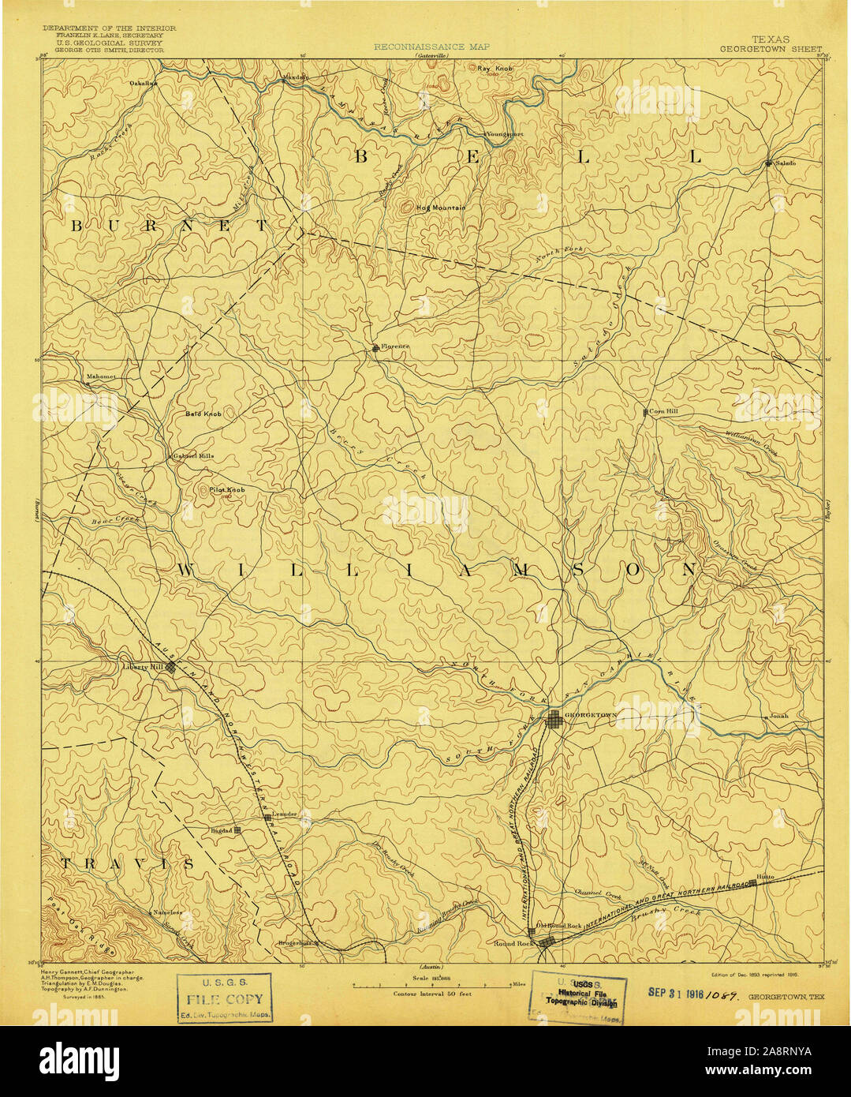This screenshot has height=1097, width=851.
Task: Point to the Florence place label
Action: pyautogui.click(x=394, y=346)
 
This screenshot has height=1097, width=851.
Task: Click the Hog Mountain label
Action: pyautogui.click(x=442, y=208)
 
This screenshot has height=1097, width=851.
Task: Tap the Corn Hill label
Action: pyautogui.click(x=663, y=412)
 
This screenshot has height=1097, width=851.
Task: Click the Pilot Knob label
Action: pyautogui.click(x=226, y=490)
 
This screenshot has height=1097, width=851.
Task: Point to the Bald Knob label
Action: pyautogui.click(x=203, y=414)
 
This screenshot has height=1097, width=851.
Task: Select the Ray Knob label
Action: pyautogui.click(x=495, y=69)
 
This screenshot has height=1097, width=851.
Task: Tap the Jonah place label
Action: pyautogui.click(x=778, y=716)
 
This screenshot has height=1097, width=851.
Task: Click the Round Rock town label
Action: pyautogui.click(x=513, y=943)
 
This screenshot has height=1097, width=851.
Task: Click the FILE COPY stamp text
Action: pyautogui.click(x=225, y=998)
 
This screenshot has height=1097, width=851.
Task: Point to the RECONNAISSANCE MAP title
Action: pyautogui.click(x=431, y=47)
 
